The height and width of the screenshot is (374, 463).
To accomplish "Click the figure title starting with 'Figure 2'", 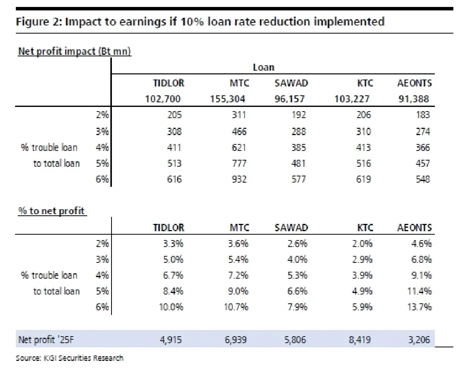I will point(200,22).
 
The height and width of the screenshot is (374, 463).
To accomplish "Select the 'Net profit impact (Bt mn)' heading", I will point(74,52).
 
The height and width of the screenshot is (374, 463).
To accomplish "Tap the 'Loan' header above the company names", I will point(264,68).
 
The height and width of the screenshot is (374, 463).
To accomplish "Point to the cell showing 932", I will point(239,179).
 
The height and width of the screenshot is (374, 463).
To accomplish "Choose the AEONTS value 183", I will point(423,115).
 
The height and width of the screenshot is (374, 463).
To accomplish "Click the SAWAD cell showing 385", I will point(298,147).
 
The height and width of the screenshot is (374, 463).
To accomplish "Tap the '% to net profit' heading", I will point(52,212).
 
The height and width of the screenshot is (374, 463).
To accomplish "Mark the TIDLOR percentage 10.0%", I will point(171,307).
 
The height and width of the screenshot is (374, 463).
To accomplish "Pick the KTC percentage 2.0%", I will point(363,244).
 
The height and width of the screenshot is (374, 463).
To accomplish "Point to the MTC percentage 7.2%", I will point(238,275).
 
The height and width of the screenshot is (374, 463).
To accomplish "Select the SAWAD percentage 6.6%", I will point(297,291).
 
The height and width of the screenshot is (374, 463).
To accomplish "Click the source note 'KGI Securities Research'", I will point(69,358).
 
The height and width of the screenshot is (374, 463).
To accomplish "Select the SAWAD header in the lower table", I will point(291,228).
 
